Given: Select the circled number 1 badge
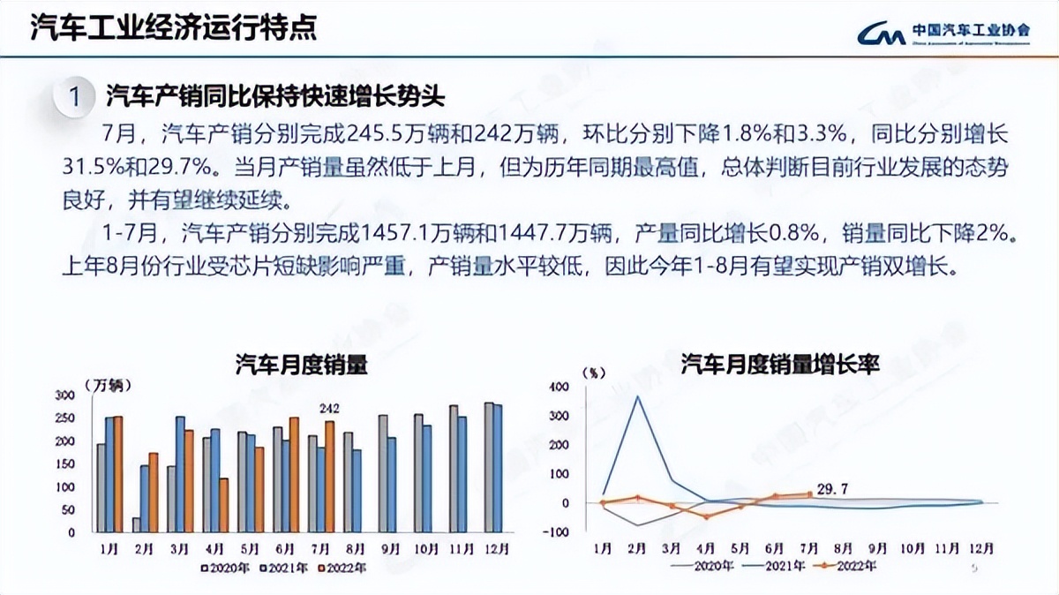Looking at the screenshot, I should pyautogui.click(x=76, y=95).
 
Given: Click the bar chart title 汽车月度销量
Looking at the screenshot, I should pyautogui.click(x=301, y=366).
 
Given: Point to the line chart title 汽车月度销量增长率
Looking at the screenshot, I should pyautogui.click(x=780, y=365).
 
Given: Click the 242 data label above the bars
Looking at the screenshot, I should pyautogui.click(x=329, y=408).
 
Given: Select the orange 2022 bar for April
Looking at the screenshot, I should pyautogui.click(x=224, y=505).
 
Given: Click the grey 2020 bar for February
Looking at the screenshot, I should pyautogui.click(x=137, y=524).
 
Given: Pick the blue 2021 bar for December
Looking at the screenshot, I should pyautogui.click(x=498, y=468).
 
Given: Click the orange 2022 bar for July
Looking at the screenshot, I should pyautogui.click(x=330, y=477).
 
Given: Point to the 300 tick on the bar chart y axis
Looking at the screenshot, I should pyautogui.click(x=65, y=395).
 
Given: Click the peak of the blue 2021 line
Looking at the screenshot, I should pyautogui.click(x=637, y=396).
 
